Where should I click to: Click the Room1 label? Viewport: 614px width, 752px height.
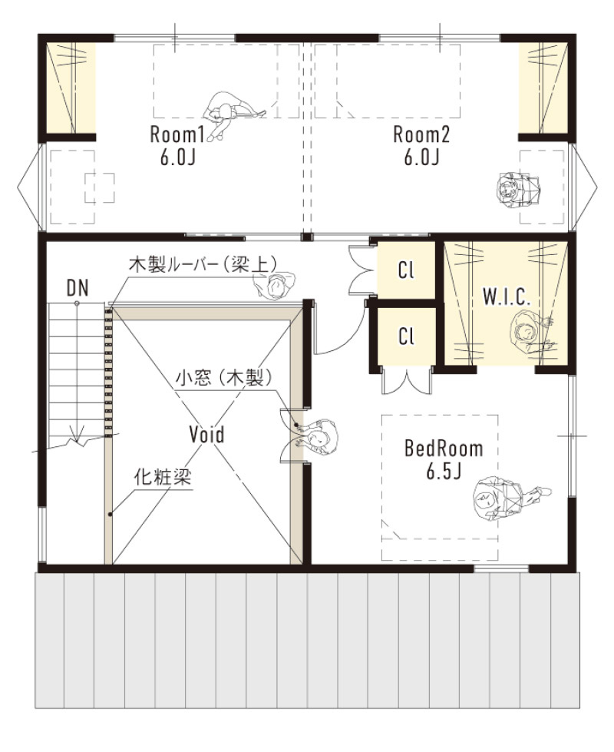[177, 135]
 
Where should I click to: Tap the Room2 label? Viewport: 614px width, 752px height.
[421, 135]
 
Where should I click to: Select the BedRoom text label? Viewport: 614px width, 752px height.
[444, 449]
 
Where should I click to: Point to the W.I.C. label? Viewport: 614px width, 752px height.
[507, 298]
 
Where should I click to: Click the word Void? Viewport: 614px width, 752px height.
[207, 434]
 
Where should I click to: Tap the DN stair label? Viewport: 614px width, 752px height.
[77, 288]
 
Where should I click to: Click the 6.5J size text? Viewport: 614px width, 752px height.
[444, 470]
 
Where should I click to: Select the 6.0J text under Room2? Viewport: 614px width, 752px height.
[421, 157]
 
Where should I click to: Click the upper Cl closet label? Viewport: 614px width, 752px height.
[406, 270]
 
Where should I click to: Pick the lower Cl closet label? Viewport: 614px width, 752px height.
[406, 336]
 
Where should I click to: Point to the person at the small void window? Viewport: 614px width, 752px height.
[319, 437]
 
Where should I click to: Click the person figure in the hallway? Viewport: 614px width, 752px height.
[273, 285]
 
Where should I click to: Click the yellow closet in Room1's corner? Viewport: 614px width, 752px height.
[69, 87]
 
